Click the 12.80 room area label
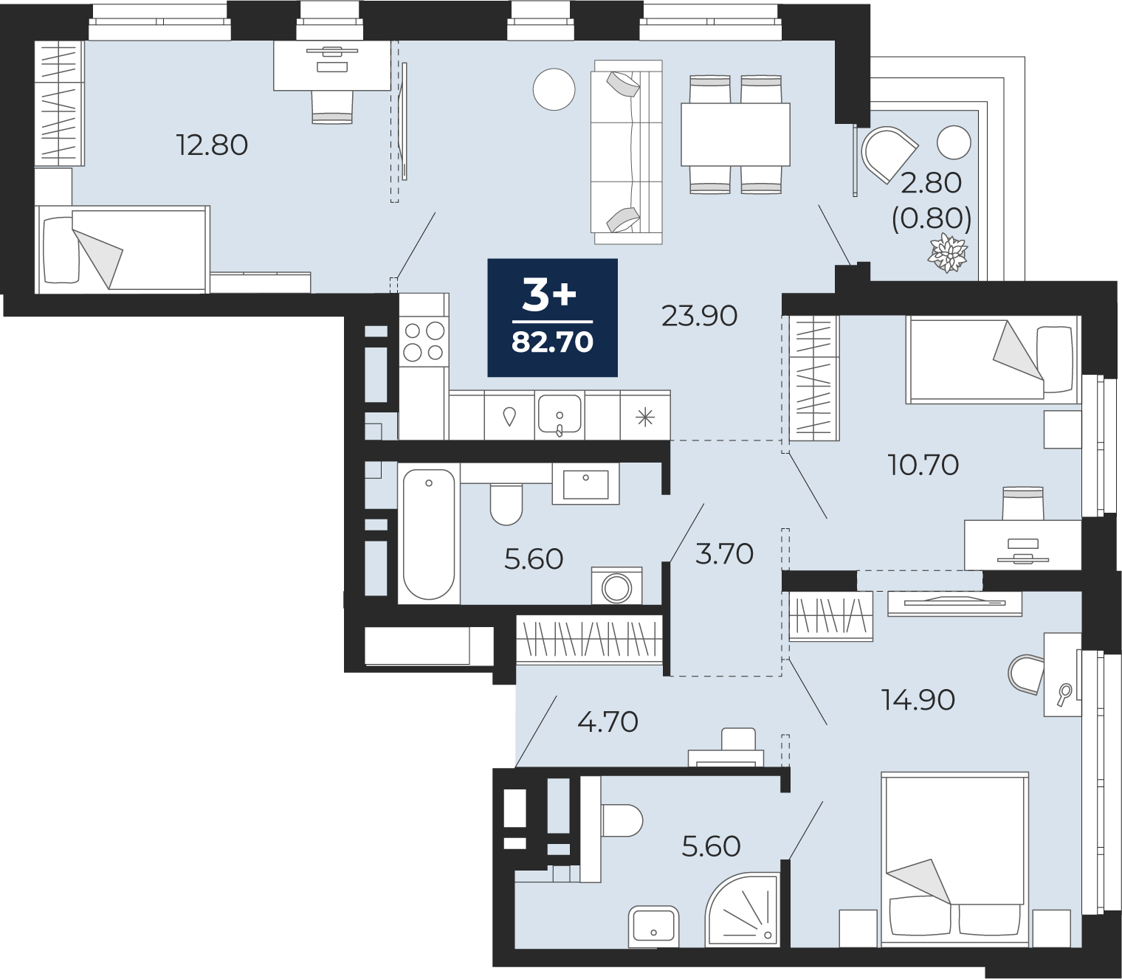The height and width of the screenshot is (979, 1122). coord(212,145)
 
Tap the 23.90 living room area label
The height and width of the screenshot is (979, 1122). coord(699,316)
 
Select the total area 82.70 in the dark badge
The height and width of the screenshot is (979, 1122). coord(552,342)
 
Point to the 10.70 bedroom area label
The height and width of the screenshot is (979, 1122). coord(923,465)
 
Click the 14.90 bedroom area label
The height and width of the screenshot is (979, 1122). coord(918,700)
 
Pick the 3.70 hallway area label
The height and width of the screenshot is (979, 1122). coord(724,554)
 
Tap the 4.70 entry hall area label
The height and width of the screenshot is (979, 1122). coord(608,722)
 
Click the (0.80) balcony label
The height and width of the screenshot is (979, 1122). coord(932,218)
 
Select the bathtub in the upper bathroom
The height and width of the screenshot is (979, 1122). coord(429,535)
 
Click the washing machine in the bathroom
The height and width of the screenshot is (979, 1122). coord(616,586)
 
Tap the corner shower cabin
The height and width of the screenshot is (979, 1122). coord(742,907)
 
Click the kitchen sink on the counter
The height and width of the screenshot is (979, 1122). coord(560,415)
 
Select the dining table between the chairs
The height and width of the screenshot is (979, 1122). coord(735,134)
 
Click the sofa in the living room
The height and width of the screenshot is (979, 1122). coord(627,152)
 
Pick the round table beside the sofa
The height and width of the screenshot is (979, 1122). coord(554,89)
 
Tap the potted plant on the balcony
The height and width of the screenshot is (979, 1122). coord(947,253)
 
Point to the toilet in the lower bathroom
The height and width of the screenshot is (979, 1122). coord(622,820)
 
